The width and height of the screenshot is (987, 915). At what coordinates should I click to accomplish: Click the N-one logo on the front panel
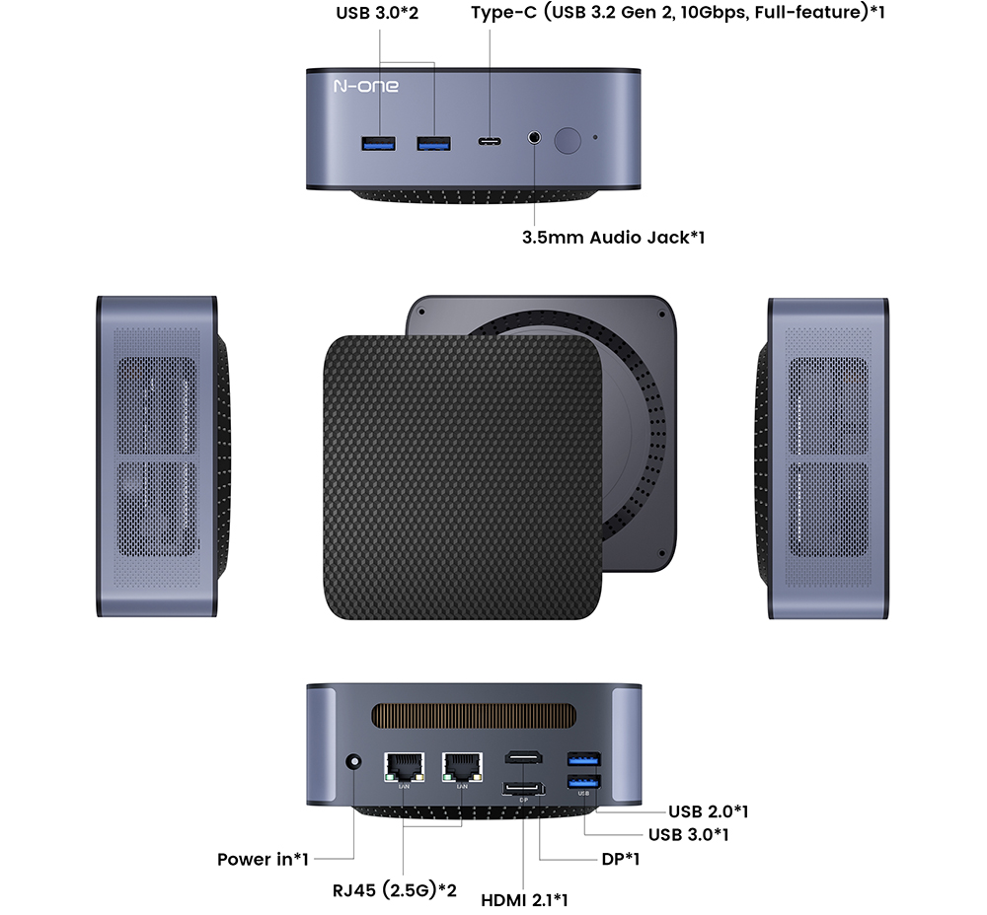365,87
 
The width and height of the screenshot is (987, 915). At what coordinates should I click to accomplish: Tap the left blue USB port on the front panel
378,145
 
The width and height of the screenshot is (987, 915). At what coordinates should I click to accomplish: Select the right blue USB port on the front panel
433,145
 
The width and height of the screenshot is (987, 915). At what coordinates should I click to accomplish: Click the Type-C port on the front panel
490,142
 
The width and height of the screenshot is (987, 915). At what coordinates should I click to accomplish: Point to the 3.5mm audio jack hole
534,139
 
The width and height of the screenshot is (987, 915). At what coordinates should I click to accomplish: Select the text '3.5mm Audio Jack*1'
612,238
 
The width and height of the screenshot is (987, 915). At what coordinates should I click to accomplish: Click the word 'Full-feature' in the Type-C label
800,14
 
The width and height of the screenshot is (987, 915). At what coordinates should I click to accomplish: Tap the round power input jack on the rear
353,763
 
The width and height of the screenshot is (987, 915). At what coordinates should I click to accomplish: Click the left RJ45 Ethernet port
404,764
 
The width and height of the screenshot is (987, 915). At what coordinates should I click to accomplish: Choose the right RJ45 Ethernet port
461,764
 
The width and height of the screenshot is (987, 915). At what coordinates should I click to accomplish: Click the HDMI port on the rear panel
523,758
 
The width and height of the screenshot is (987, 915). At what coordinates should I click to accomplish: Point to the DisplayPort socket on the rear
523,788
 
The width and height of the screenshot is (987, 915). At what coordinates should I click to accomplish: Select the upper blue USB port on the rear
583,759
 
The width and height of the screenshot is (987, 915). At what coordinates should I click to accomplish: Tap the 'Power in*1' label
263,860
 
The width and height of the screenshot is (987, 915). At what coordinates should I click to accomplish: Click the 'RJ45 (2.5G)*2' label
394,890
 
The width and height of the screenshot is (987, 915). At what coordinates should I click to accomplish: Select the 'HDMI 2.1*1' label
524,900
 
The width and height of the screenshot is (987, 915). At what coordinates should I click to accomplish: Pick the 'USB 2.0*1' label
708,811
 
